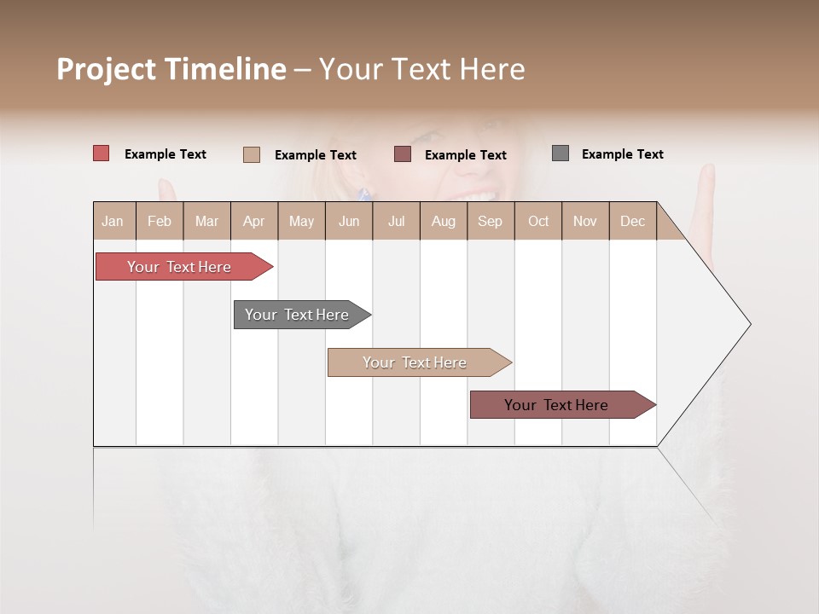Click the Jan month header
[113, 221]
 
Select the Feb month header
[160, 221]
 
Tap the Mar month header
[206, 221]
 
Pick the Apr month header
[254, 221]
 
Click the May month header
[301, 221]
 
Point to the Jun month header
[349, 221]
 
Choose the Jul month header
[396, 221]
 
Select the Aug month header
[444, 221]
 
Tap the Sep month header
[491, 221]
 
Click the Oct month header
[538, 221]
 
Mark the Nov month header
[585, 221]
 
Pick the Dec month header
[633, 221]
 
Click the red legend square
[102, 153]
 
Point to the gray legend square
[561, 153]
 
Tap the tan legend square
[252, 154]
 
